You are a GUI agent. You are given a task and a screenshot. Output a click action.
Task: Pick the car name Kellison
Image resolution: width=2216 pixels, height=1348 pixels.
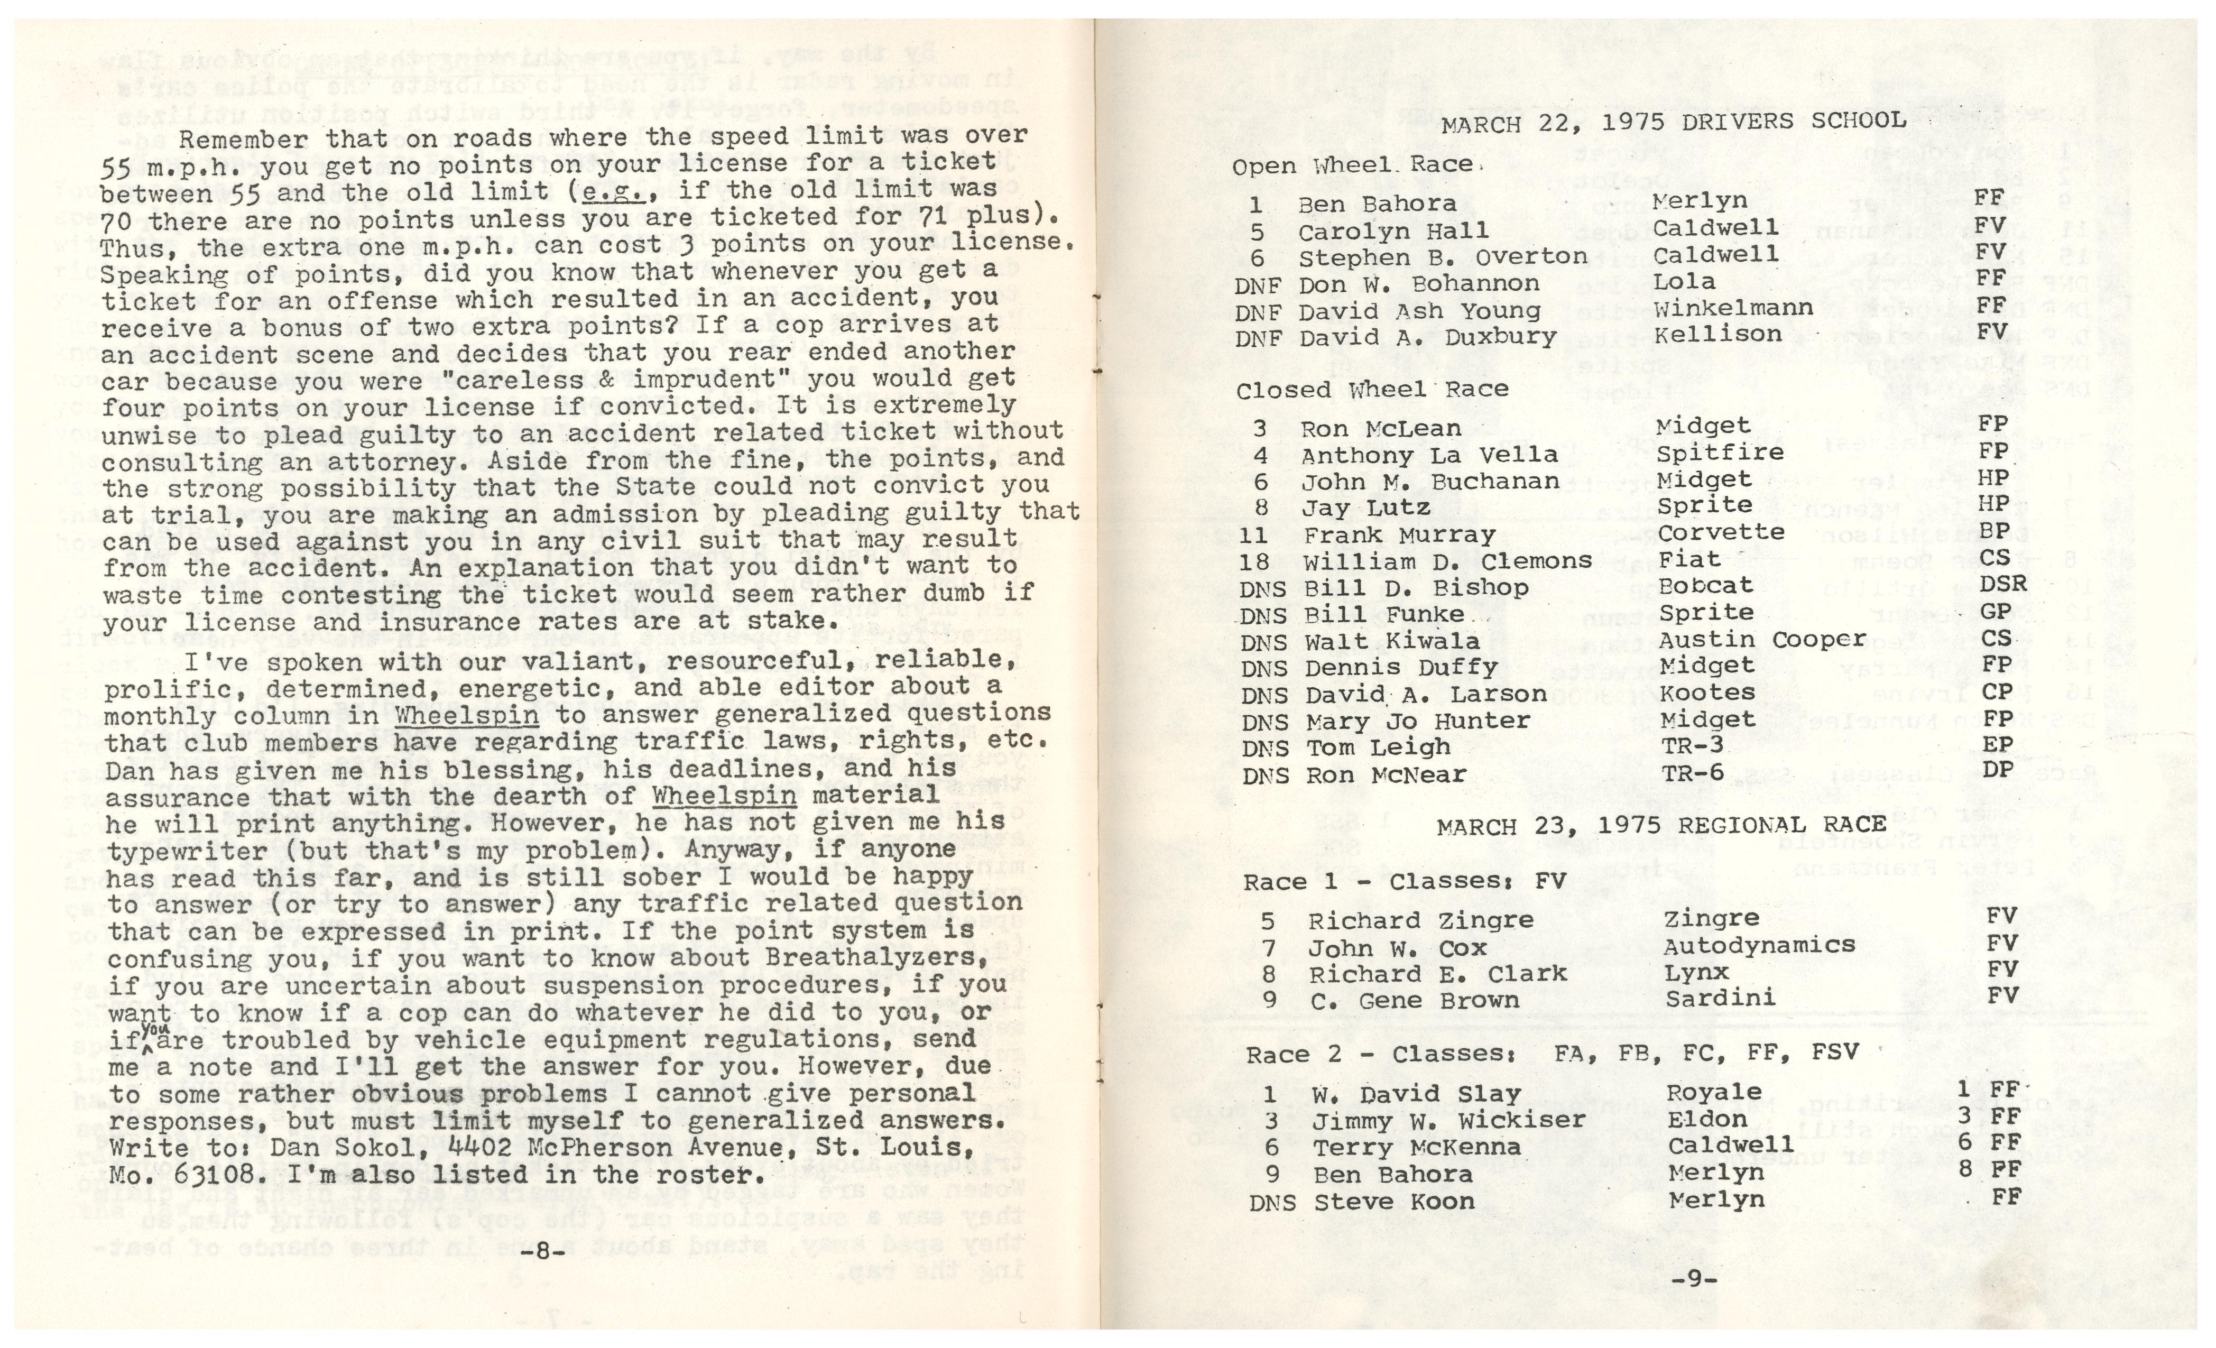(1716, 335)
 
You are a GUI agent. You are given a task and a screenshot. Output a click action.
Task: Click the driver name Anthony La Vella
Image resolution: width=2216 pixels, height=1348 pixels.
(1429, 455)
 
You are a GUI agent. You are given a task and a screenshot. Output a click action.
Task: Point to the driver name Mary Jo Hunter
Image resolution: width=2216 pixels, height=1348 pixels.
(1417, 721)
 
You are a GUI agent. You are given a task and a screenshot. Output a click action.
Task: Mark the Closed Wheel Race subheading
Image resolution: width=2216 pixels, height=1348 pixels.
(1371, 390)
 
